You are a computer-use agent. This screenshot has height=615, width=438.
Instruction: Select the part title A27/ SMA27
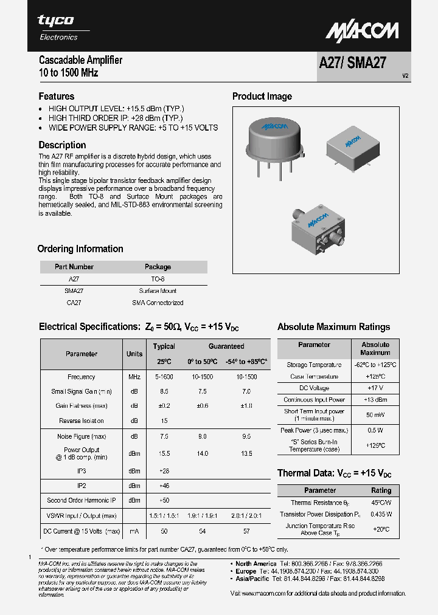tap(352, 64)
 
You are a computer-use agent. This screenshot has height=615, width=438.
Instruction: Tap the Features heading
tap(57, 96)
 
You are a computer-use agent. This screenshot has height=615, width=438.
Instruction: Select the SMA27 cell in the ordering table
tap(74, 291)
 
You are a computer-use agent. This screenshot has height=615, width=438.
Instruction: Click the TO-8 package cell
tap(158, 279)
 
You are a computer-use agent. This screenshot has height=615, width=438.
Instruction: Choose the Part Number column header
tap(74, 267)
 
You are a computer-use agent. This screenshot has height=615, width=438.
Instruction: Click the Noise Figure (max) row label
tap(82, 436)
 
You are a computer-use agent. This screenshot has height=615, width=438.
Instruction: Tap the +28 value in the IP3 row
tap(164, 471)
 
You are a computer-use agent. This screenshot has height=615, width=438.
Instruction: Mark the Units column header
tap(134, 354)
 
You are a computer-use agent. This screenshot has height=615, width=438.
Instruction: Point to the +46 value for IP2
tap(164, 486)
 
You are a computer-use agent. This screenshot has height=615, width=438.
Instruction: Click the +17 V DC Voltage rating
tap(375, 388)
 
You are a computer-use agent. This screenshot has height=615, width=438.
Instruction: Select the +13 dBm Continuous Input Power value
tap(375, 400)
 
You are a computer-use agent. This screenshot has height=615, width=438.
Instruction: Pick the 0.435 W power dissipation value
tap(381, 514)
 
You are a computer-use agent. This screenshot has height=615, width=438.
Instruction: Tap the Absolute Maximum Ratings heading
tap(334, 327)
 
